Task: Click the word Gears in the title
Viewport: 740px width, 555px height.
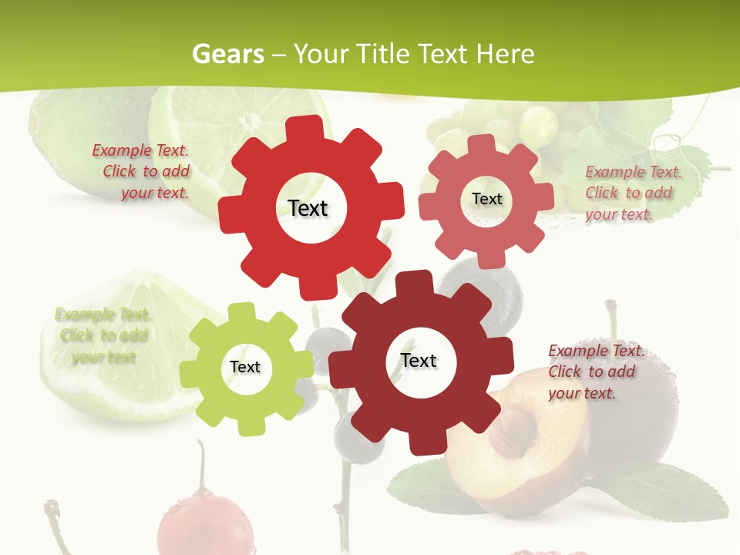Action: [x=227, y=55]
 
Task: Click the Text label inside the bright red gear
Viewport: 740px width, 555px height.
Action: [x=308, y=208]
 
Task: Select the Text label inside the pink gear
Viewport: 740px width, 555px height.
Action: [x=486, y=199]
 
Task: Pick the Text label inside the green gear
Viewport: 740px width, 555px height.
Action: [x=245, y=367]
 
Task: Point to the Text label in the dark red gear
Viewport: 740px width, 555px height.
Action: [x=419, y=360]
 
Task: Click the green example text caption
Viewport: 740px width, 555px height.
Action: [x=103, y=335]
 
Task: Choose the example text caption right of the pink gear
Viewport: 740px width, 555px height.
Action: [x=632, y=193]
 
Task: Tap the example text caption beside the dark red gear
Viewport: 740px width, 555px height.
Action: [x=595, y=372]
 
